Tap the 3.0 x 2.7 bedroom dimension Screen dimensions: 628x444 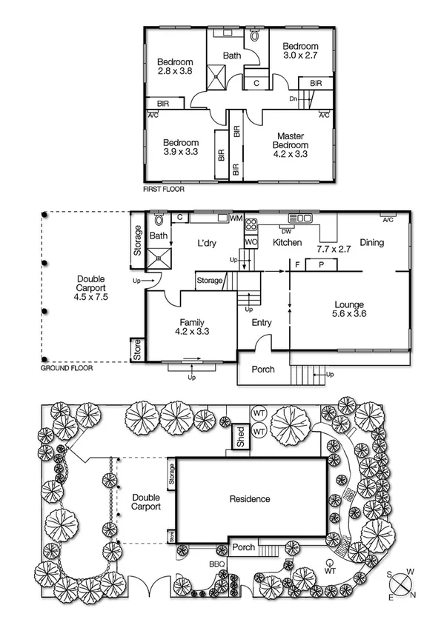click(x=300, y=55)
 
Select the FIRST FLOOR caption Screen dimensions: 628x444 click(x=165, y=190)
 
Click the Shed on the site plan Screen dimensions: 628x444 click(x=240, y=436)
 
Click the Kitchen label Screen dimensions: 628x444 click(x=287, y=243)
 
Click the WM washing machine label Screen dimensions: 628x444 click(x=236, y=218)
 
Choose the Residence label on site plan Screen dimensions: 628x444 click(x=250, y=499)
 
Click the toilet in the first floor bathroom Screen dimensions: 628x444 click(x=255, y=35)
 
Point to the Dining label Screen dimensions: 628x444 click(x=372, y=243)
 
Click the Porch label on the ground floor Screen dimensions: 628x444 click(x=263, y=369)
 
